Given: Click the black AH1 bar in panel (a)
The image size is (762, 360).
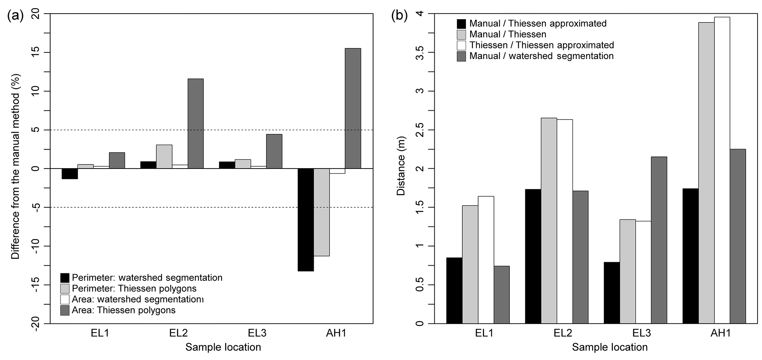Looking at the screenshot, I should (x=306, y=220).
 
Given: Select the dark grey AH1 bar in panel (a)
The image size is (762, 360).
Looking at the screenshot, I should (x=353, y=108).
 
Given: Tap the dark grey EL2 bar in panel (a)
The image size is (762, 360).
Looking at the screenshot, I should (x=195, y=124).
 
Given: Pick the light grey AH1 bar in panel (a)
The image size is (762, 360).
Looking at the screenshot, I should (x=321, y=212).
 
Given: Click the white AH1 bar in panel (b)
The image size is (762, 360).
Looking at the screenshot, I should (x=722, y=170).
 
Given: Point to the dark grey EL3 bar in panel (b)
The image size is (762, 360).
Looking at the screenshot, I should (x=659, y=240).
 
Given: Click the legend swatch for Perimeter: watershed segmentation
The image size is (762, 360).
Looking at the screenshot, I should (x=65, y=278).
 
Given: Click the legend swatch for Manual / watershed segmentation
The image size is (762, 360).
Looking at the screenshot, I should (x=462, y=56).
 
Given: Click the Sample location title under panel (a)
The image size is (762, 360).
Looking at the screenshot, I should (x=223, y=347).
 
